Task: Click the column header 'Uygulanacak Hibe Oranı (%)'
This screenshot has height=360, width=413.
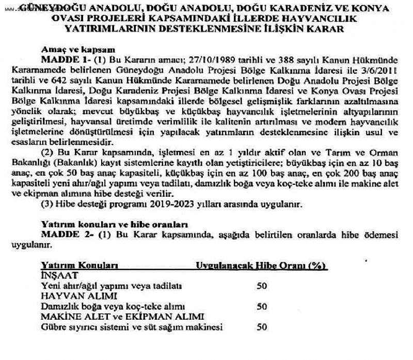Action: click(261, 265)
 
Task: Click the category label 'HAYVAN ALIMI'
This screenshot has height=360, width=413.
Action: click(73, 296)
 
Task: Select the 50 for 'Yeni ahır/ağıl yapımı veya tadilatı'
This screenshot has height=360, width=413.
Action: click(262, 286)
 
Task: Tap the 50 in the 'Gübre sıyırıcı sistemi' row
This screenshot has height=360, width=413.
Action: click(262, 327)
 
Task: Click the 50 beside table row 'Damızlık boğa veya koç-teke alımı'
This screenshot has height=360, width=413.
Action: click(262, 306)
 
